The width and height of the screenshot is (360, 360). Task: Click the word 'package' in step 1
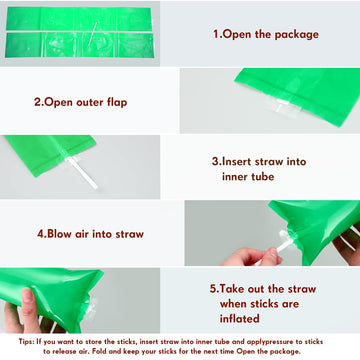[297, 35]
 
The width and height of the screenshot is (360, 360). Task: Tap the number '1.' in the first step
[217, 34]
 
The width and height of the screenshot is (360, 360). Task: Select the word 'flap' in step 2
[117, 102]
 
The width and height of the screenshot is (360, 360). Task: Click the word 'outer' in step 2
[90, 102]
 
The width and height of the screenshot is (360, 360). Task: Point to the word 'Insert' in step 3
[236, 162]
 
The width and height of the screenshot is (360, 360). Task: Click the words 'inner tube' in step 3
[248, 176]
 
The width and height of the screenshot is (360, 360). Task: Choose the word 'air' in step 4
[80, 234]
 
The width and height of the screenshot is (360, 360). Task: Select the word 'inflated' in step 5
[239, 318]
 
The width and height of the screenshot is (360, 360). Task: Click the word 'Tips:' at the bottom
[26, 342]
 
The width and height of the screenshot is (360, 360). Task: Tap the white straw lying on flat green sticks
[93, 34]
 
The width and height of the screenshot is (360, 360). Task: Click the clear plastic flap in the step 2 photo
[287, 107]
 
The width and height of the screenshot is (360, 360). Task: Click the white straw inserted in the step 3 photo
[82, 173]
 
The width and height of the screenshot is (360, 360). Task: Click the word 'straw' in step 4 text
[130, 234]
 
